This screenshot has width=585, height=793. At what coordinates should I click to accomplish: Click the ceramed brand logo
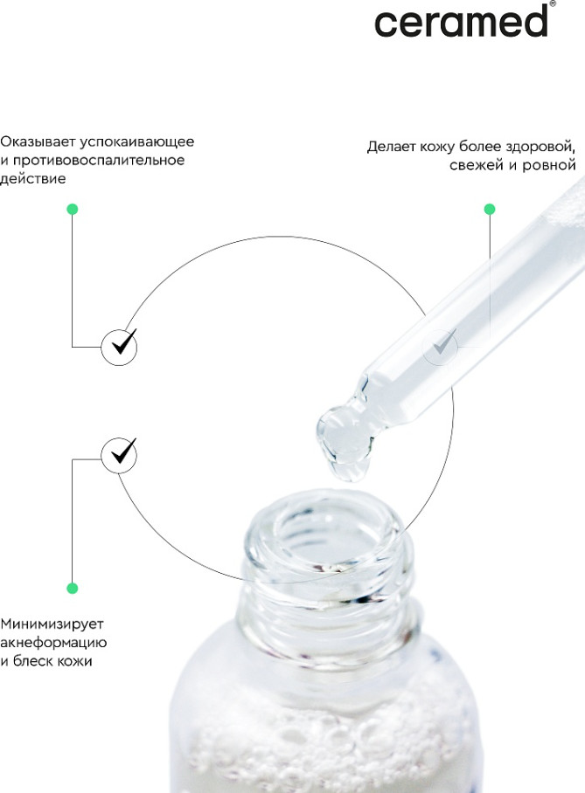point(461,21)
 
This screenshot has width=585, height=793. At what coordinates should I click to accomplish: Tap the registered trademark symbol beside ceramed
point(552,3)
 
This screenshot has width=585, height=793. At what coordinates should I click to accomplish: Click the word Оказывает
point(38,141)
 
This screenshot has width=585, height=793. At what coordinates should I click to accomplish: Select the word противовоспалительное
point(99,161)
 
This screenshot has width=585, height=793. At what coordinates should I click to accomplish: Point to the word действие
point(33,179)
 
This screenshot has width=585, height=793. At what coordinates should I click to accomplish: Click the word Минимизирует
point(52,624)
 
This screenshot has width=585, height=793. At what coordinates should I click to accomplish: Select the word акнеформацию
point(53,643)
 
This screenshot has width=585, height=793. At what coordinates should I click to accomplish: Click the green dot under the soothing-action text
point(73,209)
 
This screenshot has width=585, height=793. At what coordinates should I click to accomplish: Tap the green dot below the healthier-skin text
point(490,209)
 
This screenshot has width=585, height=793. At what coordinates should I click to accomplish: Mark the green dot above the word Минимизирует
point(73,588)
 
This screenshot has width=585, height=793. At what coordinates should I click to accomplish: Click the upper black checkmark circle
point(119,347)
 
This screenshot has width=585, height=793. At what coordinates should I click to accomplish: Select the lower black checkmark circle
point(119,455)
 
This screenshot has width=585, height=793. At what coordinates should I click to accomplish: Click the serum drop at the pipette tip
point(345,443)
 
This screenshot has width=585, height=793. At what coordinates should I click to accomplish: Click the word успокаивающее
point(136,142)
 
